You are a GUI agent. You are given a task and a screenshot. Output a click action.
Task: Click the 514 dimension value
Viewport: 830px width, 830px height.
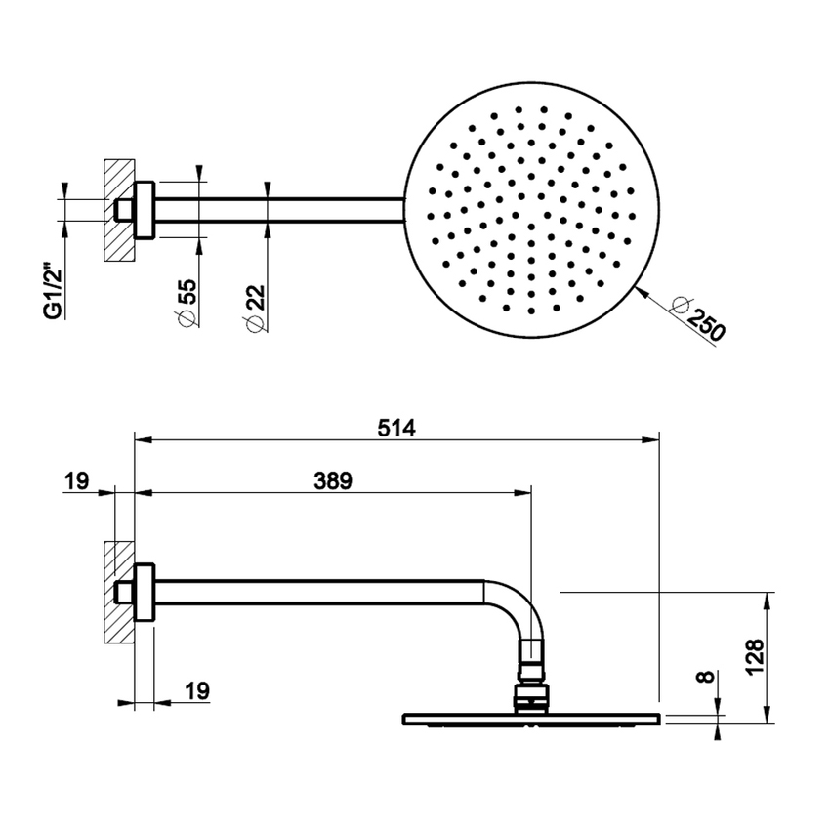click(x=396, y=428)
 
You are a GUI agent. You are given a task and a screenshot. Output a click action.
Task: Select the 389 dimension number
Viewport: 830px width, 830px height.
click(x=333, y=481)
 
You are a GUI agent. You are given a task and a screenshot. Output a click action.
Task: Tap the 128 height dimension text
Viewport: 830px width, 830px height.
click(x=755, y=656)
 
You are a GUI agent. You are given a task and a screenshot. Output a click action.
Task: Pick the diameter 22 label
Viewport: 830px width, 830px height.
click(x=255, y=308)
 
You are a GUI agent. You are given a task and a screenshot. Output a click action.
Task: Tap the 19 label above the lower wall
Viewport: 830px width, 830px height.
click(x=77, y=481)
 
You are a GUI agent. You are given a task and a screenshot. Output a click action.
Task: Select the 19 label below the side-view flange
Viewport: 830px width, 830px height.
click(x=197, y=690)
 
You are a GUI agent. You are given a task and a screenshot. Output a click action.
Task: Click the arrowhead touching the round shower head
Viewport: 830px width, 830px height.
click(x=643, y=292)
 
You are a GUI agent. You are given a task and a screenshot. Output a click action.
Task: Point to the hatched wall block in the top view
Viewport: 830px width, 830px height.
click(x=119, y=210)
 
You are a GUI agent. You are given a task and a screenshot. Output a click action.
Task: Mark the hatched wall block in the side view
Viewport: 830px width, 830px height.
click(x=119, y=593)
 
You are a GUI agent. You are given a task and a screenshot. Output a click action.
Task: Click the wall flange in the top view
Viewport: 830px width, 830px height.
click(x=144, y=210)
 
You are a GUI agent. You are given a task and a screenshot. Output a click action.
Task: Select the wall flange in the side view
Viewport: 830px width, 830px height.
click(x=144, y=592)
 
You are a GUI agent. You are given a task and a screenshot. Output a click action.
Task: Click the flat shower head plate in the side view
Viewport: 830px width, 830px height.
click(x=532, y=719)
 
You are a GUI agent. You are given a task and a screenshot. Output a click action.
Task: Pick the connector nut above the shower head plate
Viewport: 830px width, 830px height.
click(x=531, y=697)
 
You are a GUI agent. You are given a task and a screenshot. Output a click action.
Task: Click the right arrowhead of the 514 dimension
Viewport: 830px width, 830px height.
click(x=651, y=439)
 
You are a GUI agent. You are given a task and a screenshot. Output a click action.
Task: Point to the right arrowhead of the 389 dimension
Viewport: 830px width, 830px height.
click(x=522, y=493)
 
